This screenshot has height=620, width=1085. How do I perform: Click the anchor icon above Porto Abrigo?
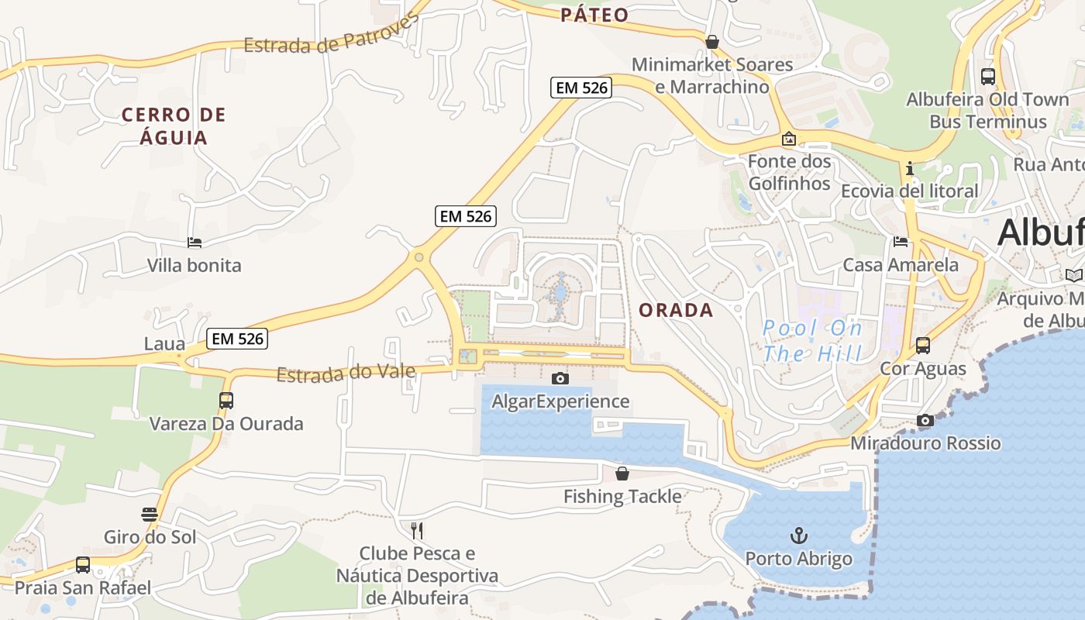click(x=798, y=536)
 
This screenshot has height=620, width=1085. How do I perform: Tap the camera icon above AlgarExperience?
click(x=560, y=378)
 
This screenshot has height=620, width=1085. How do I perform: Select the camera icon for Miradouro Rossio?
click(x=925, y=421)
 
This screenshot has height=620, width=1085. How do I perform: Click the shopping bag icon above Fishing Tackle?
click(x=622, y=474)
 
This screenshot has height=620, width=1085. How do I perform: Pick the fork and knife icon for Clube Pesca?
click(x=417, y=531)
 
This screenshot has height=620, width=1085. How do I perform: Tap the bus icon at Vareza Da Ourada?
click(x=226, y=401)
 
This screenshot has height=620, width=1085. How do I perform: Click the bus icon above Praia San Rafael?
click(x=83, y=565)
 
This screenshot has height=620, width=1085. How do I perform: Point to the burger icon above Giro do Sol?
click(x=150, y=515)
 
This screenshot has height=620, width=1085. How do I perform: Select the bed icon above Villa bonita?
click(x=195, y=243)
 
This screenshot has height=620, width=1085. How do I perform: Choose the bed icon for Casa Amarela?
click(x=901, y=242)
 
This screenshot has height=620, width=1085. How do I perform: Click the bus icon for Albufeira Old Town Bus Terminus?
click(x=988, y=77)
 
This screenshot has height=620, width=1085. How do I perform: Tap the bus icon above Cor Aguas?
click(x=922, y=346)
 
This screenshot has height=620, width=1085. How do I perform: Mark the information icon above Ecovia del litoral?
click(x=910, y=168)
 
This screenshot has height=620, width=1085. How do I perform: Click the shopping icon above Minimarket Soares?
click(x=711, y=42)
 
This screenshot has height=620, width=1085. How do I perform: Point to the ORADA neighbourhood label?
click(x=676, y=311)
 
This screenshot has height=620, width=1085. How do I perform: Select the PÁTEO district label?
click(x=594, y=15)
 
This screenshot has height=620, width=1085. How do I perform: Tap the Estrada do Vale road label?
click(x=346, y=374)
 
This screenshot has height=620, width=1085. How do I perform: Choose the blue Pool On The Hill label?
click(x=812, y=341)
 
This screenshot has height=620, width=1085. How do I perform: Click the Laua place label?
click(x=165, y=343)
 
